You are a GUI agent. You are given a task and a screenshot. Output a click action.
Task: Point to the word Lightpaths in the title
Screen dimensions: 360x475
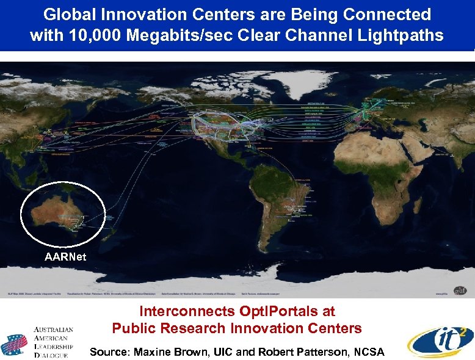(x=401, y=35)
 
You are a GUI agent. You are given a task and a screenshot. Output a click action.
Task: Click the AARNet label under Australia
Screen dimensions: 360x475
(x=65, y=257)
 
